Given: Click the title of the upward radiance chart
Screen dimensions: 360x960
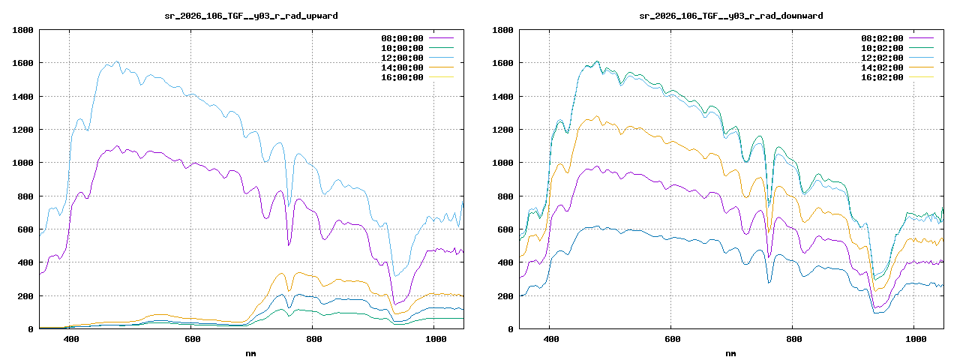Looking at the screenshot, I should coord(251,15).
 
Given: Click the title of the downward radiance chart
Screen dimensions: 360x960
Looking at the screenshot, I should coord(731,15).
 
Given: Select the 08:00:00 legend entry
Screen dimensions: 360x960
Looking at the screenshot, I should coord(403,38).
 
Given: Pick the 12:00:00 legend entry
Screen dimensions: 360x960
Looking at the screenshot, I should coord(403,58).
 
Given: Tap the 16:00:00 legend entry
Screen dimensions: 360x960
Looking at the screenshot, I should coord(403,77).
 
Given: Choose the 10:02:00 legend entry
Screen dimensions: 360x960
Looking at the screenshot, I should coord(883,48).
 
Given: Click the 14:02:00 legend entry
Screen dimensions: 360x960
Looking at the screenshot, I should coord(883,67).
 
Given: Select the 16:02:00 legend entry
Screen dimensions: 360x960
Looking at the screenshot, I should coord(883,77).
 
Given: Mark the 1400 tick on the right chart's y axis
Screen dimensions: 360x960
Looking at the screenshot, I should coord(502,97).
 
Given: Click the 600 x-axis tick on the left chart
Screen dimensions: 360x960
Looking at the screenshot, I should coord(192,339).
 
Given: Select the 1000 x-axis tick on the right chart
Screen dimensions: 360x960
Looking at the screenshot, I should coord(915,339).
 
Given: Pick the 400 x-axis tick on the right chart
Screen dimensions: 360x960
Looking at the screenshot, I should coord(550,339).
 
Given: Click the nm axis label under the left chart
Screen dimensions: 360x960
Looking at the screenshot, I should coord(251,352).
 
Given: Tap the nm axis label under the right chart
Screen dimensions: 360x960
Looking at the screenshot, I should coord(731,352).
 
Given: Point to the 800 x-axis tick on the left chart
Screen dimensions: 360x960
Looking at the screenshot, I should coord(313,339).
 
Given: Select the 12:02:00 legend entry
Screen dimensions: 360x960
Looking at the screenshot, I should coord(883,58).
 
